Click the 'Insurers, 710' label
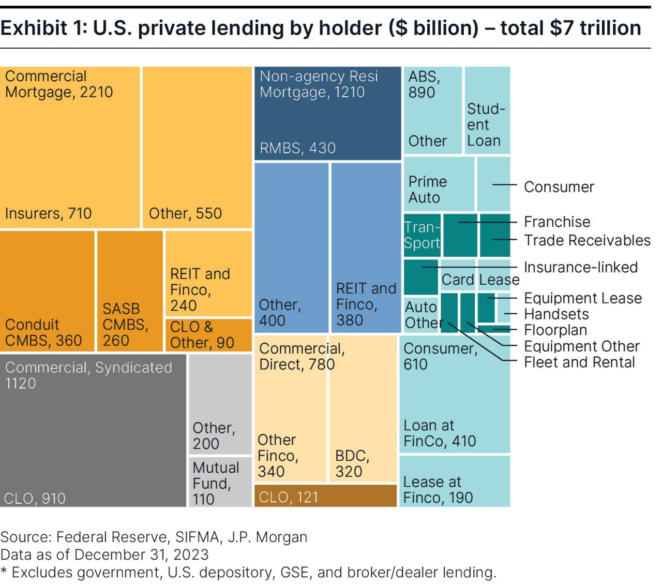(48, 213)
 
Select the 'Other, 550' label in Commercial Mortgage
(185, 213)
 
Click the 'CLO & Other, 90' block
(208, 335)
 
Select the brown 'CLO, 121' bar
(325, 497)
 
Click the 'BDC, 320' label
(352, 463)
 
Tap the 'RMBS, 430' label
(297, 148)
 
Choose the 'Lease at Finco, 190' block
(454, 481)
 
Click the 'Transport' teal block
(422, 235)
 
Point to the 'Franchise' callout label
(557, 222)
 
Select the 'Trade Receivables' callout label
(587, 240)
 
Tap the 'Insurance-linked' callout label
(581, 267)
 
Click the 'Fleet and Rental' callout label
(579, 362)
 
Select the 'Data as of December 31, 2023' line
(104, 554)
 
